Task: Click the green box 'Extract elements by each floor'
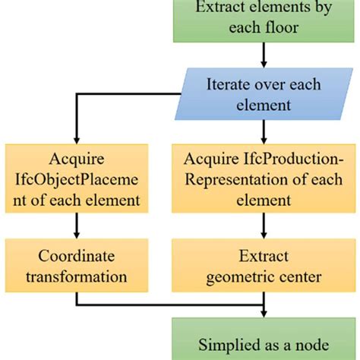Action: (x=264, y=19)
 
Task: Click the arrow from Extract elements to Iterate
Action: (x=264, y=55)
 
